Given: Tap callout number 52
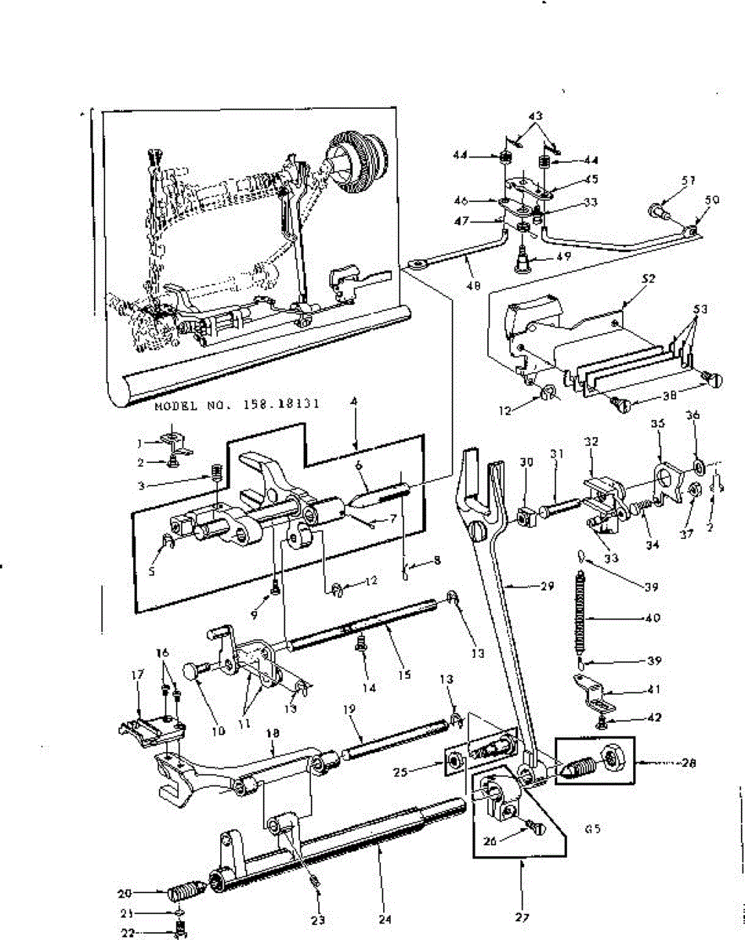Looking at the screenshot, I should pyautogui.click(x=649, y=278).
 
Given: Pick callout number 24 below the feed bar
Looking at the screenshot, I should pyautogui.click(x=385, y=918).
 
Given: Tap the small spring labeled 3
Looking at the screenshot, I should pyautogui.click(x=218, y=473).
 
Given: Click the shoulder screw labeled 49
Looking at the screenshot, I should pyautogui.click(x=520, y=260).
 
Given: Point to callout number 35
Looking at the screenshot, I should pyautogui.click(x=658, y=424).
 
